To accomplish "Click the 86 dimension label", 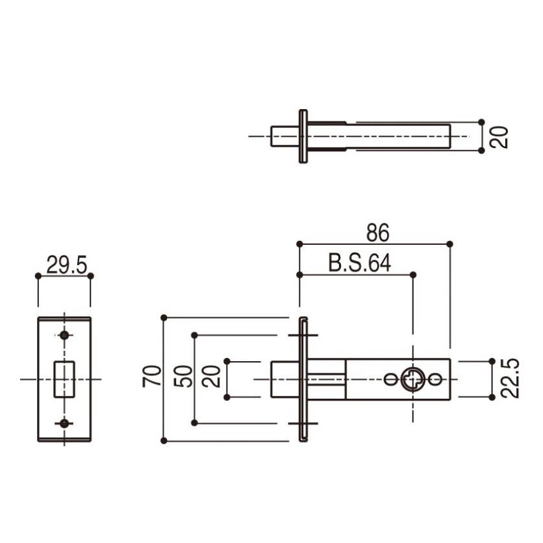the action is pos(378,233).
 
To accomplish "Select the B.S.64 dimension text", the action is pos(359,263).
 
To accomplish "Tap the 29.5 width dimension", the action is pos(66,265).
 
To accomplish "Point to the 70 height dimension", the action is pos(152,375).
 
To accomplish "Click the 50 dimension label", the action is pos(183,376).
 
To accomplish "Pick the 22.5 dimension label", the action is pos(510,378).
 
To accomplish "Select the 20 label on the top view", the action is pos(499,138).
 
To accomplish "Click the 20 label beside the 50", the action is pos(211,376).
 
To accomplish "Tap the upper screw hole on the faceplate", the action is pos(64,335).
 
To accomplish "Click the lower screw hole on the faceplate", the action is pos(64,423).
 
